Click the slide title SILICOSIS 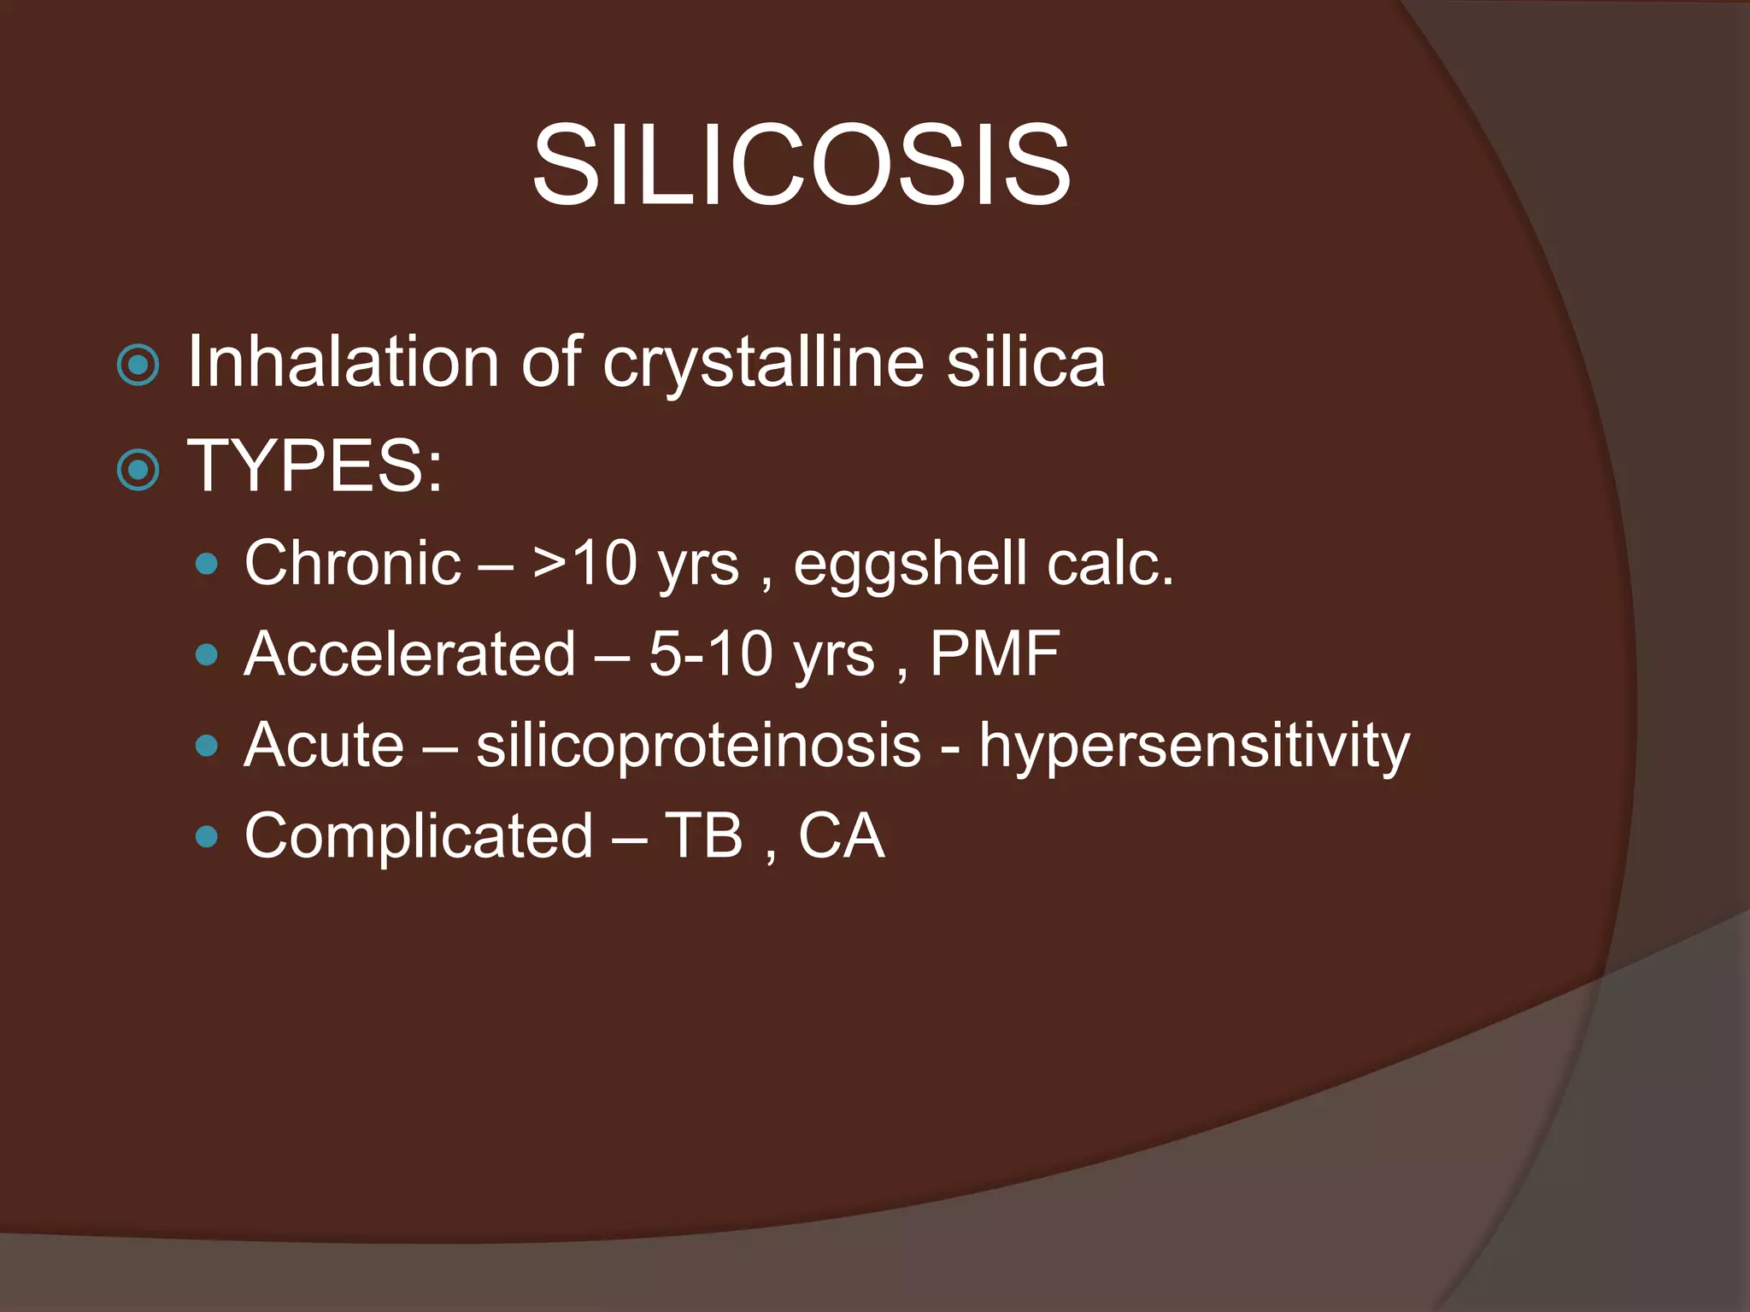(x=801, y=164)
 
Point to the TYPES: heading (x=315, y=466)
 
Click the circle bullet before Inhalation (x=138, y=366)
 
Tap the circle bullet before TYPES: (x=138, y=469)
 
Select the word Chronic (x=353, y=563)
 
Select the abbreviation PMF (x=995, y=654)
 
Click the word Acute (x=324, y=745)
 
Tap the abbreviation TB (x=703, y=835)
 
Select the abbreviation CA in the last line (x=841, y=835)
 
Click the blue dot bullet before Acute (x=206, y=746)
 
